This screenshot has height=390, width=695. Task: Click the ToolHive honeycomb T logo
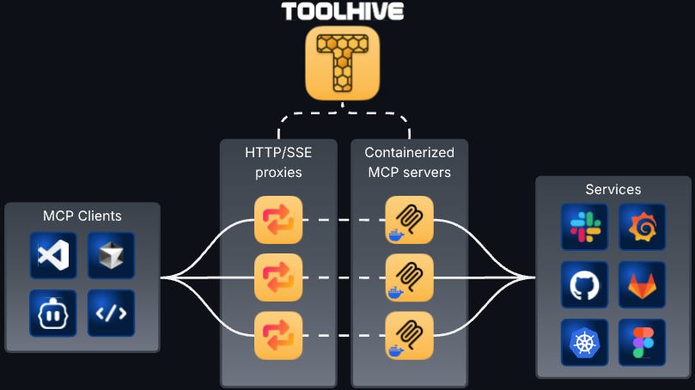tap(342, 63)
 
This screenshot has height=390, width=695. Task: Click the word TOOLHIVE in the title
tap(342, 11)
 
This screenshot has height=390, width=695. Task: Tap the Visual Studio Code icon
tap(53, 255)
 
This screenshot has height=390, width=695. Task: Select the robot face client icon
tap(53, 313)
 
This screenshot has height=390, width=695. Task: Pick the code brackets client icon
tap(111, 313)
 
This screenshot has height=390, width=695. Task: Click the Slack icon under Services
tap(585, 227)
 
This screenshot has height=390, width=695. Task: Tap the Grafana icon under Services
tap(642, 227)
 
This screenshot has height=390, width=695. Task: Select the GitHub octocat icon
tap(585, 284)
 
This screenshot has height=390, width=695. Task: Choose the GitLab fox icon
tap(642, 284)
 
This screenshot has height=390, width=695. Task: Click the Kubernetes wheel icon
tap(585, 342)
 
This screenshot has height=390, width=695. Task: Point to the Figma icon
tap(642, 342)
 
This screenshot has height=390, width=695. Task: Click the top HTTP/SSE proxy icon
tap(278, 220)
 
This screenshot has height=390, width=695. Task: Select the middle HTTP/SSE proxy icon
tap(278, 277)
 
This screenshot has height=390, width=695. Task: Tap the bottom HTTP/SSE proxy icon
tap(278, 336)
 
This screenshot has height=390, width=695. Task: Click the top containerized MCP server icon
tap(409, 220)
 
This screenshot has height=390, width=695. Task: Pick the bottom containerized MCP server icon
tap(409, 336)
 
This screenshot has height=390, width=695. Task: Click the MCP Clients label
tap(82, 216)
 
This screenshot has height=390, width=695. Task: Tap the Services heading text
tap(613, 189)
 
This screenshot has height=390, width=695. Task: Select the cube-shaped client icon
tap(111, 255)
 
